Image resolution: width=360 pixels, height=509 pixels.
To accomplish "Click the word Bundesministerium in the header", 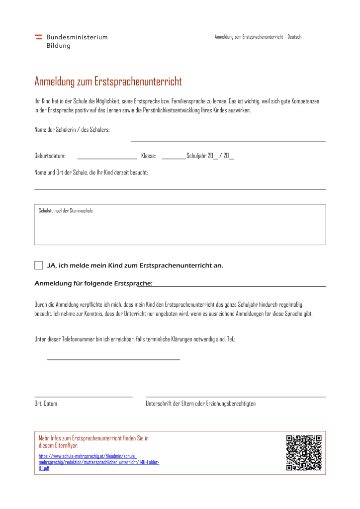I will (x=77, y=37).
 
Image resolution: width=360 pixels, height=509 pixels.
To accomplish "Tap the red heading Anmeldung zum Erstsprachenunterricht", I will (x=108, y=81).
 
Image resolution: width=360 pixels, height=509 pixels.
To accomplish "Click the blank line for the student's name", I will (x=228, y=141).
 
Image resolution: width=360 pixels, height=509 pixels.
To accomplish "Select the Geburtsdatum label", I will (x=50, y=156).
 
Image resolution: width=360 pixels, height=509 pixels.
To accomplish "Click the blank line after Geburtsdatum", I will (x=107, y=158).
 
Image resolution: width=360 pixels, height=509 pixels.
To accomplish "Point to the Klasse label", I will (x=149, y=156).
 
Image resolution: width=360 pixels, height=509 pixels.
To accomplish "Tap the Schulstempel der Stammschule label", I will (x=66, y=211).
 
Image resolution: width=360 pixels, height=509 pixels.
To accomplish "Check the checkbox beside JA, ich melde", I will (x=39, y=265).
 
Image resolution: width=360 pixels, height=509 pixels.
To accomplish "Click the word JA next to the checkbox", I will (x=51, y=265).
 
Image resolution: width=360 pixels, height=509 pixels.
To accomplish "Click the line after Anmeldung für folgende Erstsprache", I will (x=239, y=286).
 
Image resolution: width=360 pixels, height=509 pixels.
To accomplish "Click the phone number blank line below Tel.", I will (x=113, y=359).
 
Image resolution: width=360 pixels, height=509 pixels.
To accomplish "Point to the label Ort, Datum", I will (x=46, y=404).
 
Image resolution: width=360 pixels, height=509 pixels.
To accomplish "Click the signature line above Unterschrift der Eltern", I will (x=235, y=396).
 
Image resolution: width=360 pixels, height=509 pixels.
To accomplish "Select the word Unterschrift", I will (x=158, y=404).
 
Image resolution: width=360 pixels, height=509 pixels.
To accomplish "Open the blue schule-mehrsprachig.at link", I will (x=99, y=462).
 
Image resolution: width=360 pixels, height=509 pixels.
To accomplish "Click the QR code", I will (x=304, y=453).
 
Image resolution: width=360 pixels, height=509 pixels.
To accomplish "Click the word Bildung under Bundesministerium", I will (x=59, y=46).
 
